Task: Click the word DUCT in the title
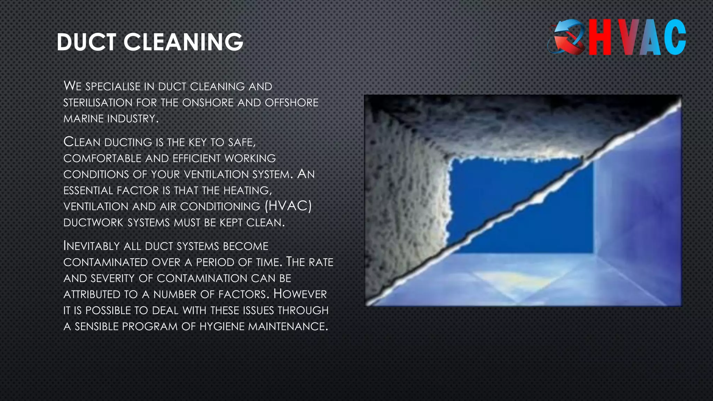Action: point(86,42)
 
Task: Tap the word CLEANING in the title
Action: point(183,42)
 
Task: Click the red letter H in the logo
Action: point(600,37)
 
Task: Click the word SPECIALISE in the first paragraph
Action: point(113,86)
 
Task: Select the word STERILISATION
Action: point(98,103)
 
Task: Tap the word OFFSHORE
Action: point(291,103)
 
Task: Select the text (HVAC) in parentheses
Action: point(288,206)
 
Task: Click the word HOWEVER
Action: point(300,294)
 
